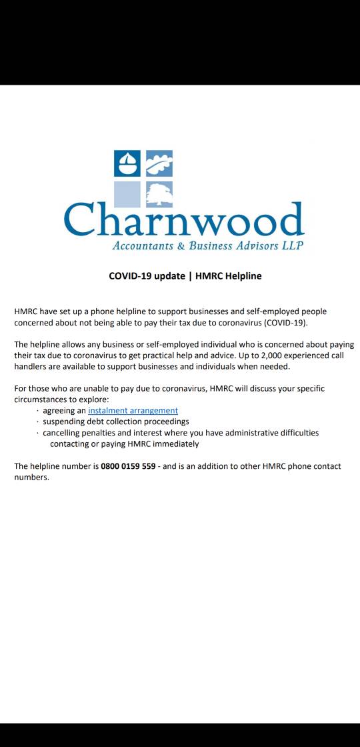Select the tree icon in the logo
pyautogui.click(x=159, y=194)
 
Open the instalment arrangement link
pyautogui.click(x=133, y=410)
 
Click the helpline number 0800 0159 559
pyautogui.click(x=128, y=466)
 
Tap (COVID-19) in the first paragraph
pyautogui.click(x=286, y=322)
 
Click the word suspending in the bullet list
pyautogui.click(x=65, y=422)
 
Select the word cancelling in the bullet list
pyautogui.click(x=65, y=433)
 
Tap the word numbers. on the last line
pyautogui.click(x=31, y=478)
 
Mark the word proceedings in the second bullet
pyautogui.click(x=164, y=422)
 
